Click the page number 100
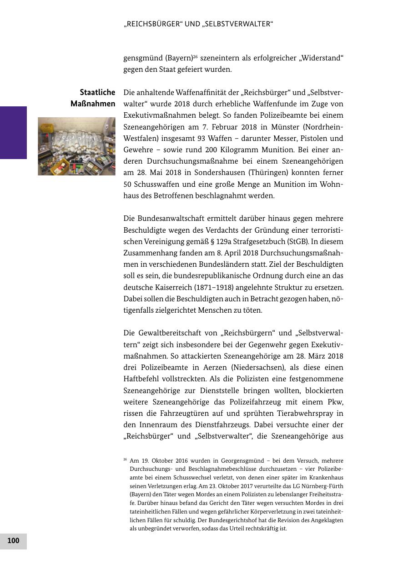click(13, 541)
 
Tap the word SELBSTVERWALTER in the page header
click(237, 24)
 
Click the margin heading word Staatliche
click(97, 93)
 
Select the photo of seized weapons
click(76, 146)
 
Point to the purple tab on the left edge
click(13, 132)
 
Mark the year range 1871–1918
click(219, 287)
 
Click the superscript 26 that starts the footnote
click(125, 459)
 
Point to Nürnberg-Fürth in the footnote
click(321, 486)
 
